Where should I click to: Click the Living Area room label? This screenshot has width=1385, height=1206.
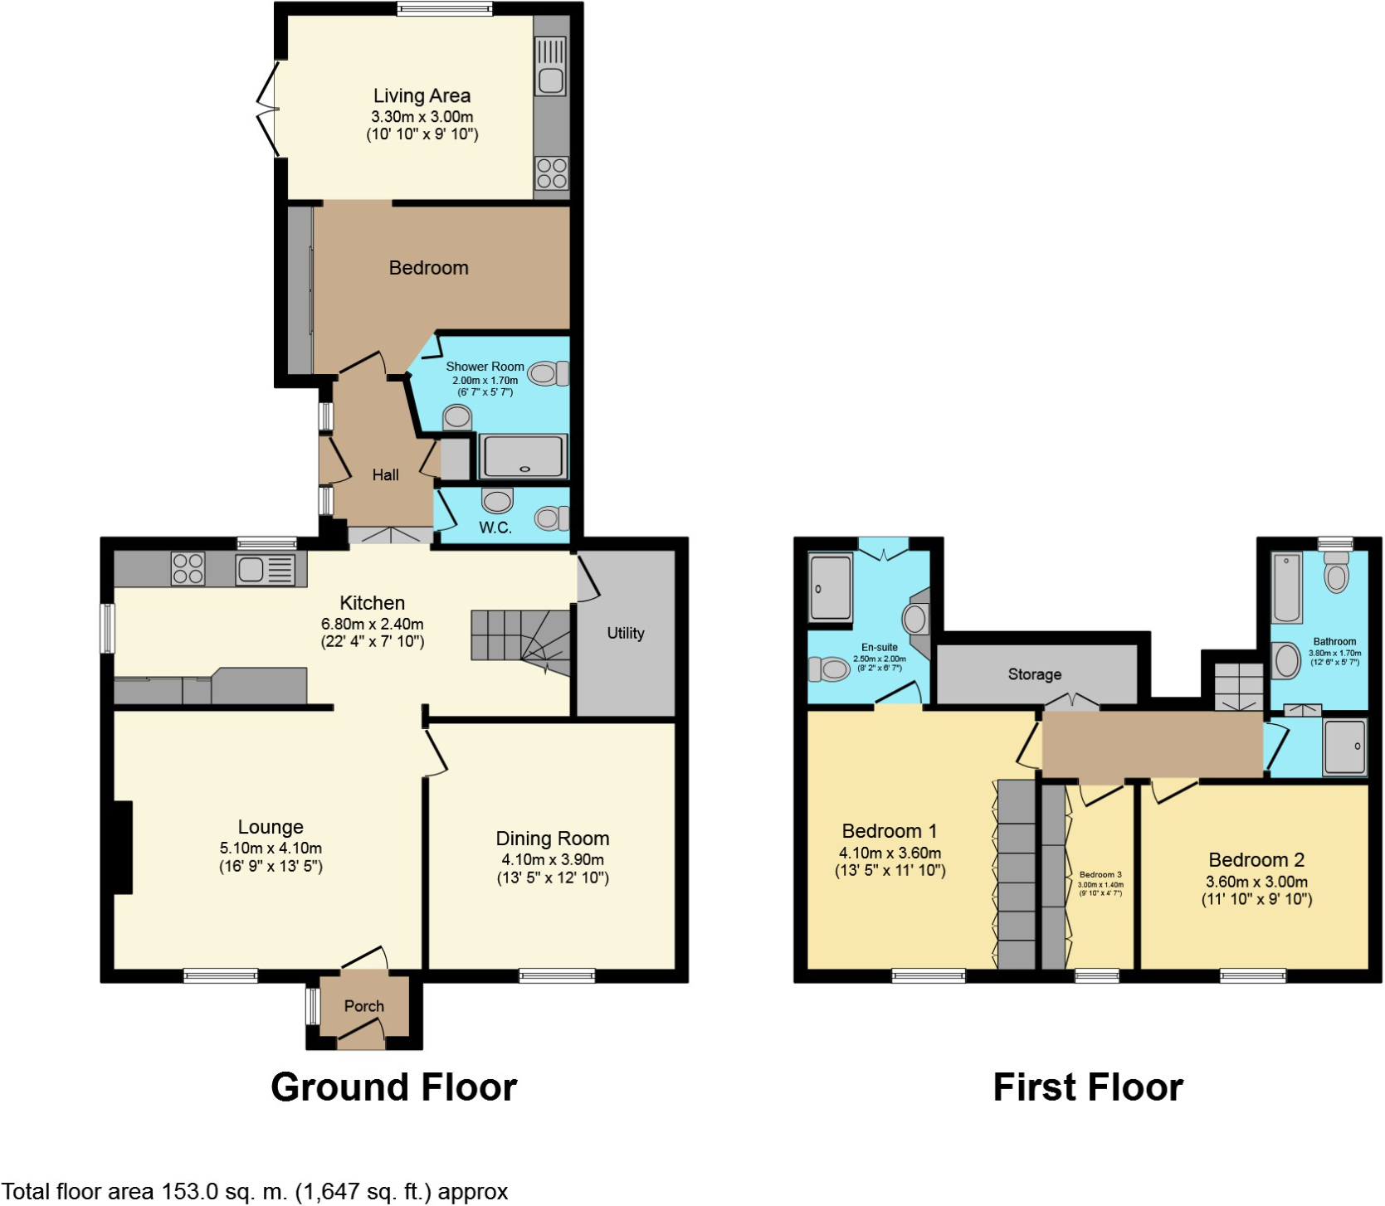(x=422, y=96)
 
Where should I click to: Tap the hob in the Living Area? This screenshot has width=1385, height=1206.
(x=552, y=173)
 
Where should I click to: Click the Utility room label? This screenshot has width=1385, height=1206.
(x=625, y=633)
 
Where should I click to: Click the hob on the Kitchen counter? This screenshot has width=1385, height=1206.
(x=188, y=568)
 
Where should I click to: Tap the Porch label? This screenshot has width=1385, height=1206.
(x=363, y=1005)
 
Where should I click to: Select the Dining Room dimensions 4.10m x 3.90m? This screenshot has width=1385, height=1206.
(x=552, y=860)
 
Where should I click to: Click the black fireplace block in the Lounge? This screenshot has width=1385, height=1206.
(x=123, y=847)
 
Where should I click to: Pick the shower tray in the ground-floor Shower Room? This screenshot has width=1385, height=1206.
(x=524, y=456)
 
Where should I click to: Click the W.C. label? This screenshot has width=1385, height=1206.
(x=495, y=528)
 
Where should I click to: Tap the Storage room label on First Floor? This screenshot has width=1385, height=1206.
(x=1034, y=674)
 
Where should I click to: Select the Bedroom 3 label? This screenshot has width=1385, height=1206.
(x=1100, y=875)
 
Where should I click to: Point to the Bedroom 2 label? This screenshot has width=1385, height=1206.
(x=1256, y=860)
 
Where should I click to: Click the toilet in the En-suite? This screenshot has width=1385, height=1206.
(x=828, y=669)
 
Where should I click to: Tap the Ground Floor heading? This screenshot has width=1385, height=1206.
(x=393, y=1087)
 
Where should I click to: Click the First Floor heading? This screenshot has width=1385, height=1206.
(x=1087, y=1087)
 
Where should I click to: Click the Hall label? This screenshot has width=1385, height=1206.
(x=385, y=474)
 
